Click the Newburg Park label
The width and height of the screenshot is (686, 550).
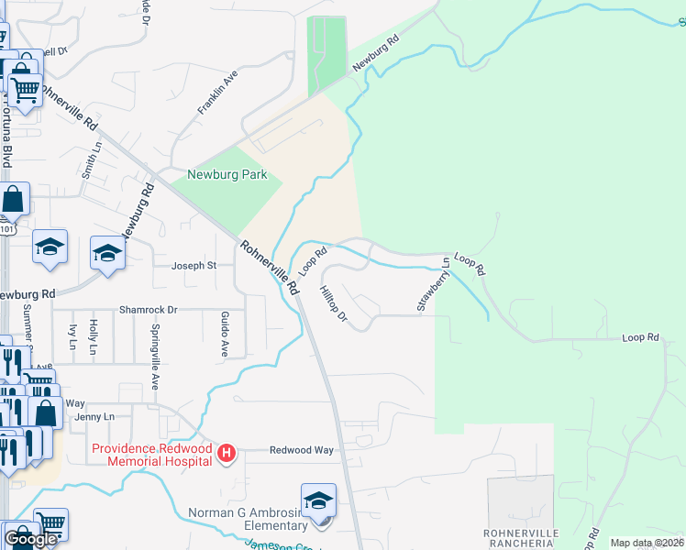227,174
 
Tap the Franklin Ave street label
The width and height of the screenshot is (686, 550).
218,93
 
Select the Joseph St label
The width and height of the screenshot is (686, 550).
194,266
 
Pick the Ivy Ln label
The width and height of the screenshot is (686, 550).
72,335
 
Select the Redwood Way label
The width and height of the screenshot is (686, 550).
301,450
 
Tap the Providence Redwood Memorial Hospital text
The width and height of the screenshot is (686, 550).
150,454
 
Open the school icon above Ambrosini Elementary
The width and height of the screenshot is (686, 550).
318,500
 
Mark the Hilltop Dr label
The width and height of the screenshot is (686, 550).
334,304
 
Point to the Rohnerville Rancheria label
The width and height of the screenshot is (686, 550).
520,539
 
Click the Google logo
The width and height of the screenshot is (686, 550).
30,540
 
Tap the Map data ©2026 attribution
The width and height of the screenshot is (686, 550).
647,543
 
